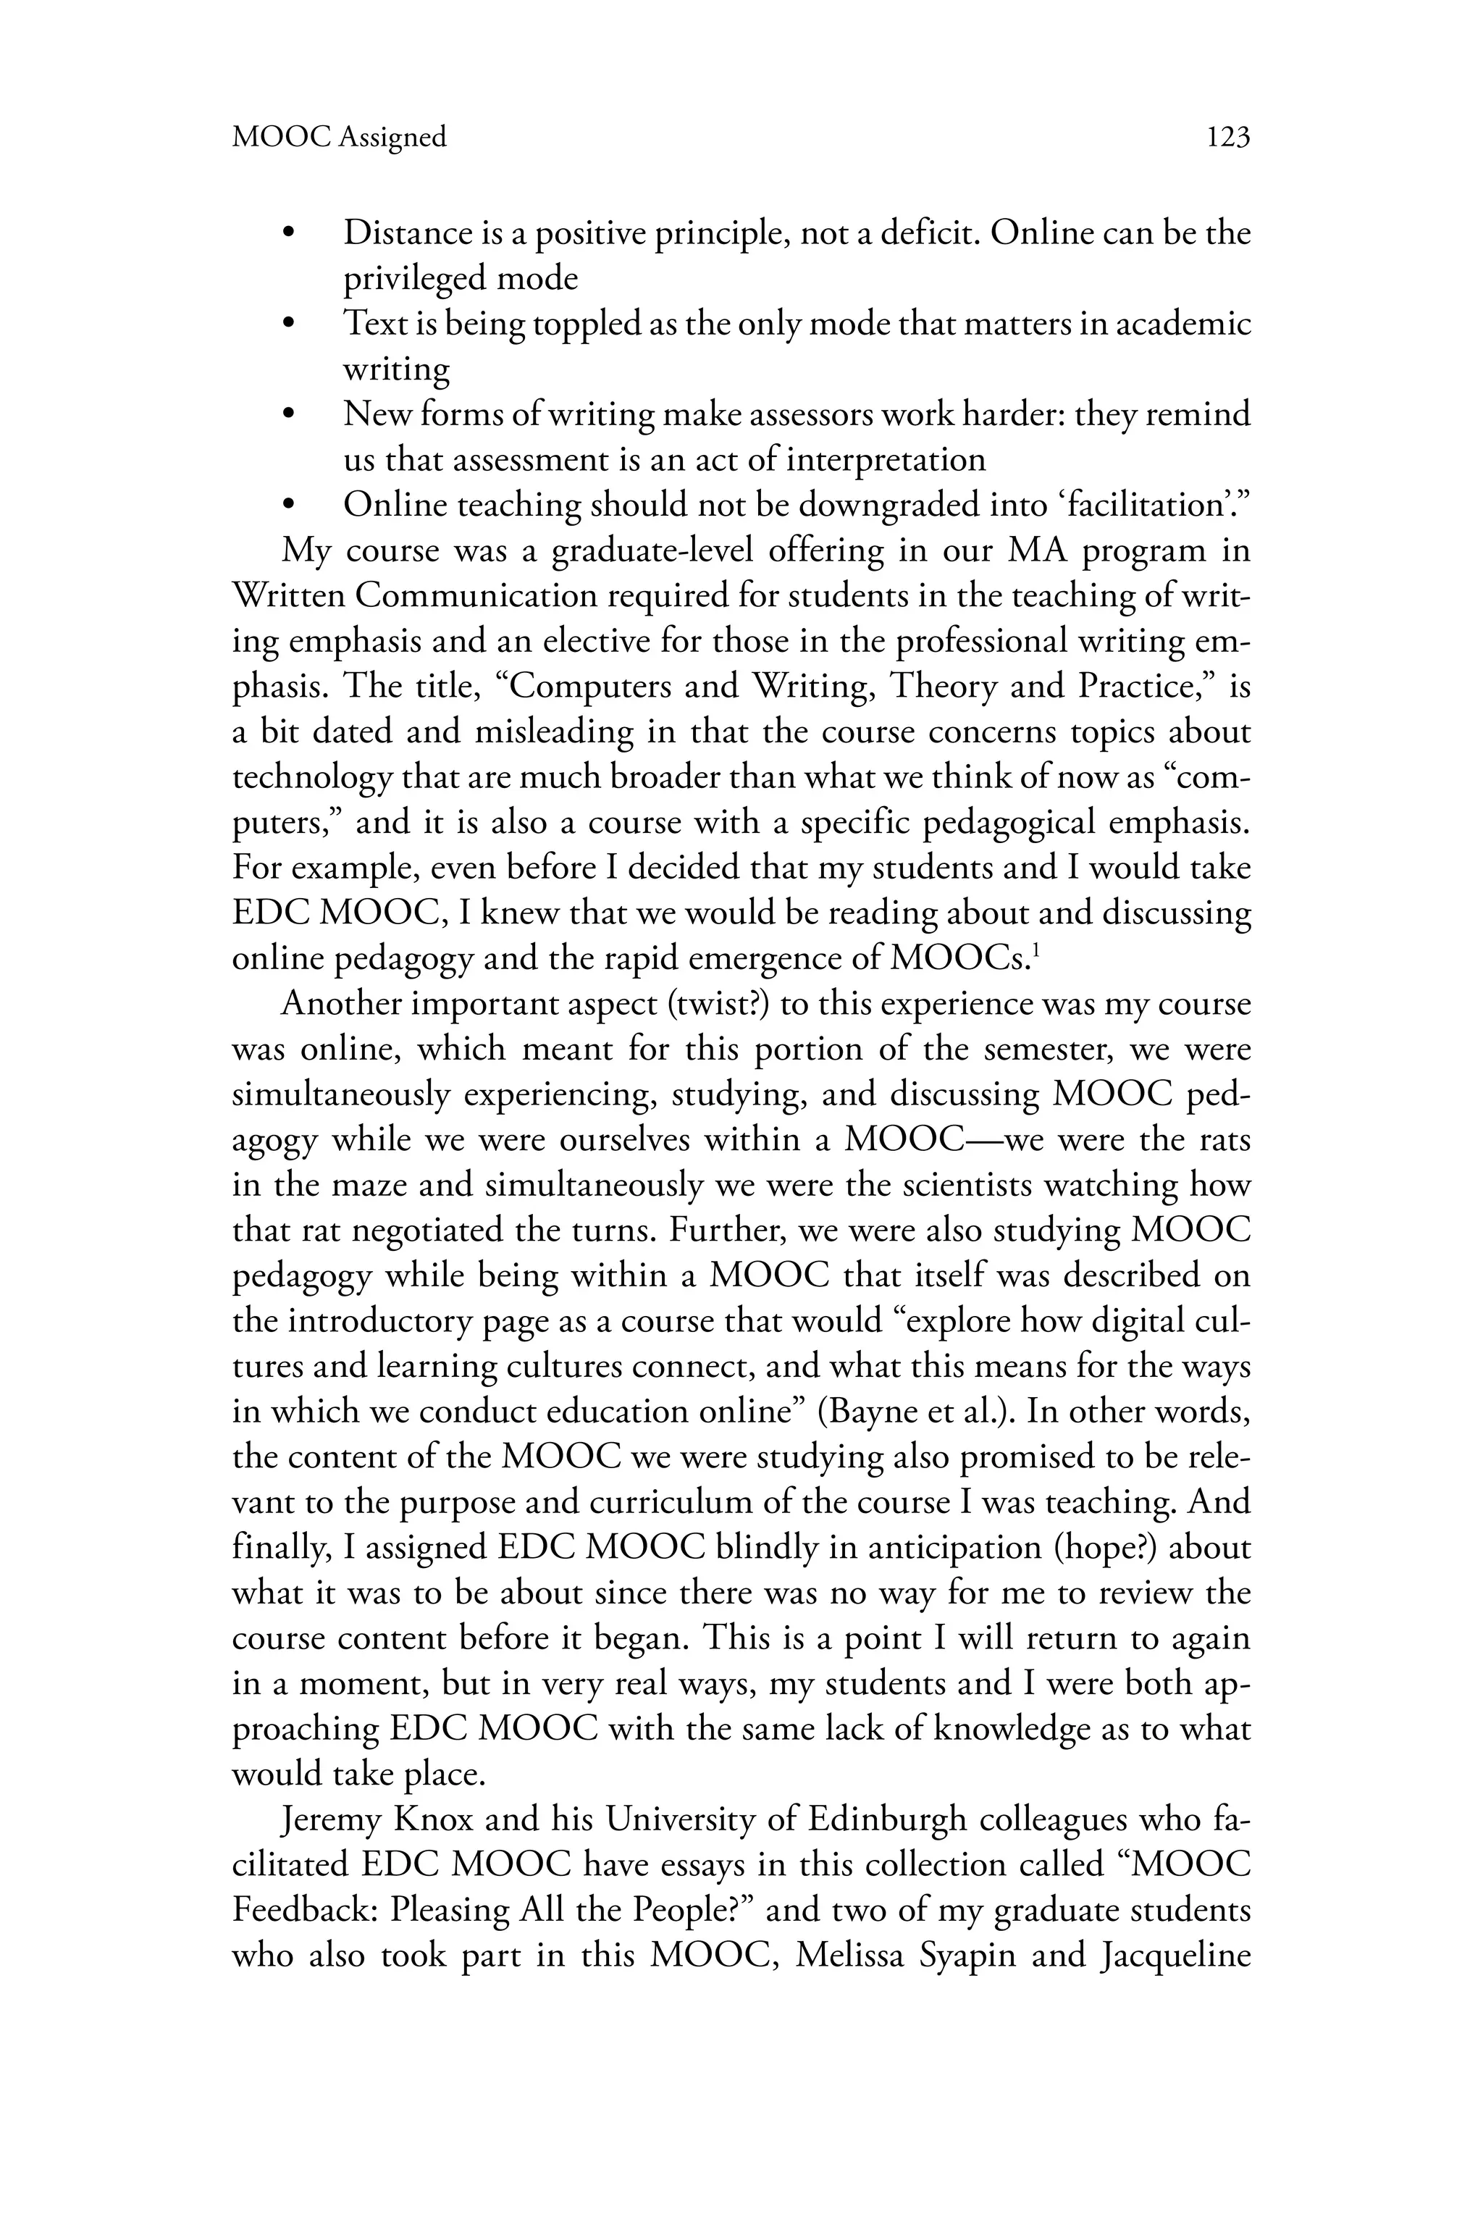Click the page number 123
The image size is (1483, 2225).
point(1227,138)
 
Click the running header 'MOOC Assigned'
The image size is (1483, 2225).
point(339,138)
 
